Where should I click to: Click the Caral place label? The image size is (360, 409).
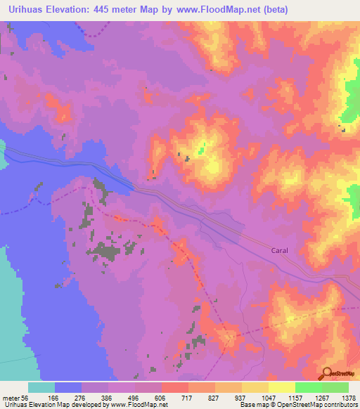tap(280, 249)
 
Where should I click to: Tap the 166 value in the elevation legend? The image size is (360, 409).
tap(68, 397)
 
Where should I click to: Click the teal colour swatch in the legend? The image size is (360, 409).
tap(41, 387)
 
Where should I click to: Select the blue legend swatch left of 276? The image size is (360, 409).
tap(68, 387)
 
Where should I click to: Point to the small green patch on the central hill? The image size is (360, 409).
tap(202, 149)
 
